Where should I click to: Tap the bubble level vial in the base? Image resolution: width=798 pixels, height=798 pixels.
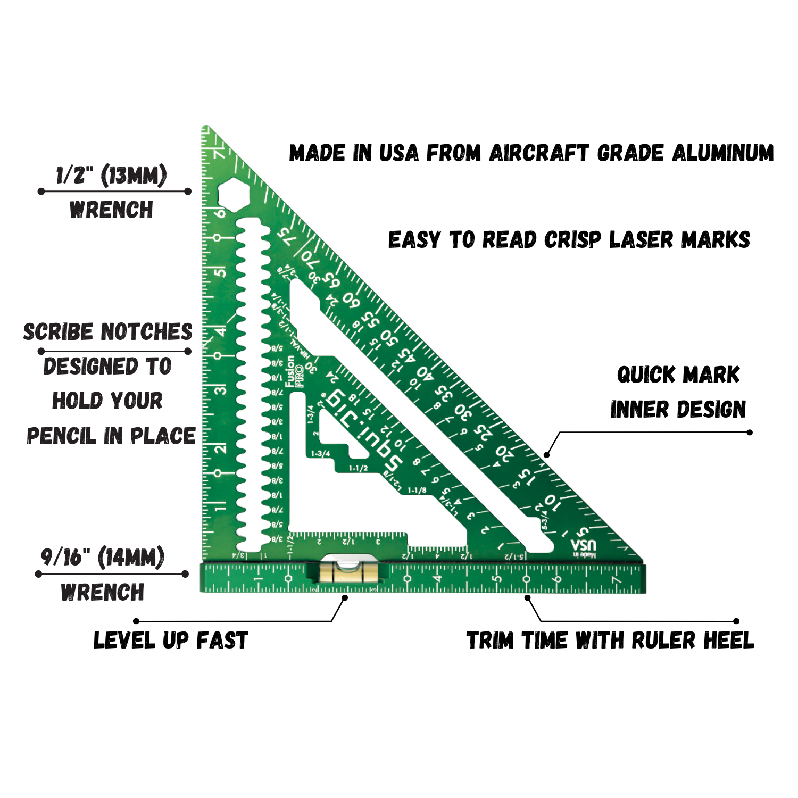click(x=348, y=573)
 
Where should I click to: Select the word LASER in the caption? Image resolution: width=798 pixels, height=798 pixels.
click(x=642, y=240)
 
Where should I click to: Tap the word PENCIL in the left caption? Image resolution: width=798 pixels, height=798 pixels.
click(x=63, y=436)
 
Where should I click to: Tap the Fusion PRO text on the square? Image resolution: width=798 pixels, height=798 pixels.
click(x=294, y=371)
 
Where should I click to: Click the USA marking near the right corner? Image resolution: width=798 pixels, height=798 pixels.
click(x=584, y=545)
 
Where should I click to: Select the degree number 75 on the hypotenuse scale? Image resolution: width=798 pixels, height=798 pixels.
click(x=286, y=236)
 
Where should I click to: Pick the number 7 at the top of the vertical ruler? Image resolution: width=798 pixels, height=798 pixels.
click(x=219, y=154)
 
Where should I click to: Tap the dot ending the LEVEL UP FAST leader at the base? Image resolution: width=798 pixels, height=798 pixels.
click(x=345, y=598)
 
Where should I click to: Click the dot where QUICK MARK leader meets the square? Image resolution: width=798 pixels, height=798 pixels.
click(x=546, y=455)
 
